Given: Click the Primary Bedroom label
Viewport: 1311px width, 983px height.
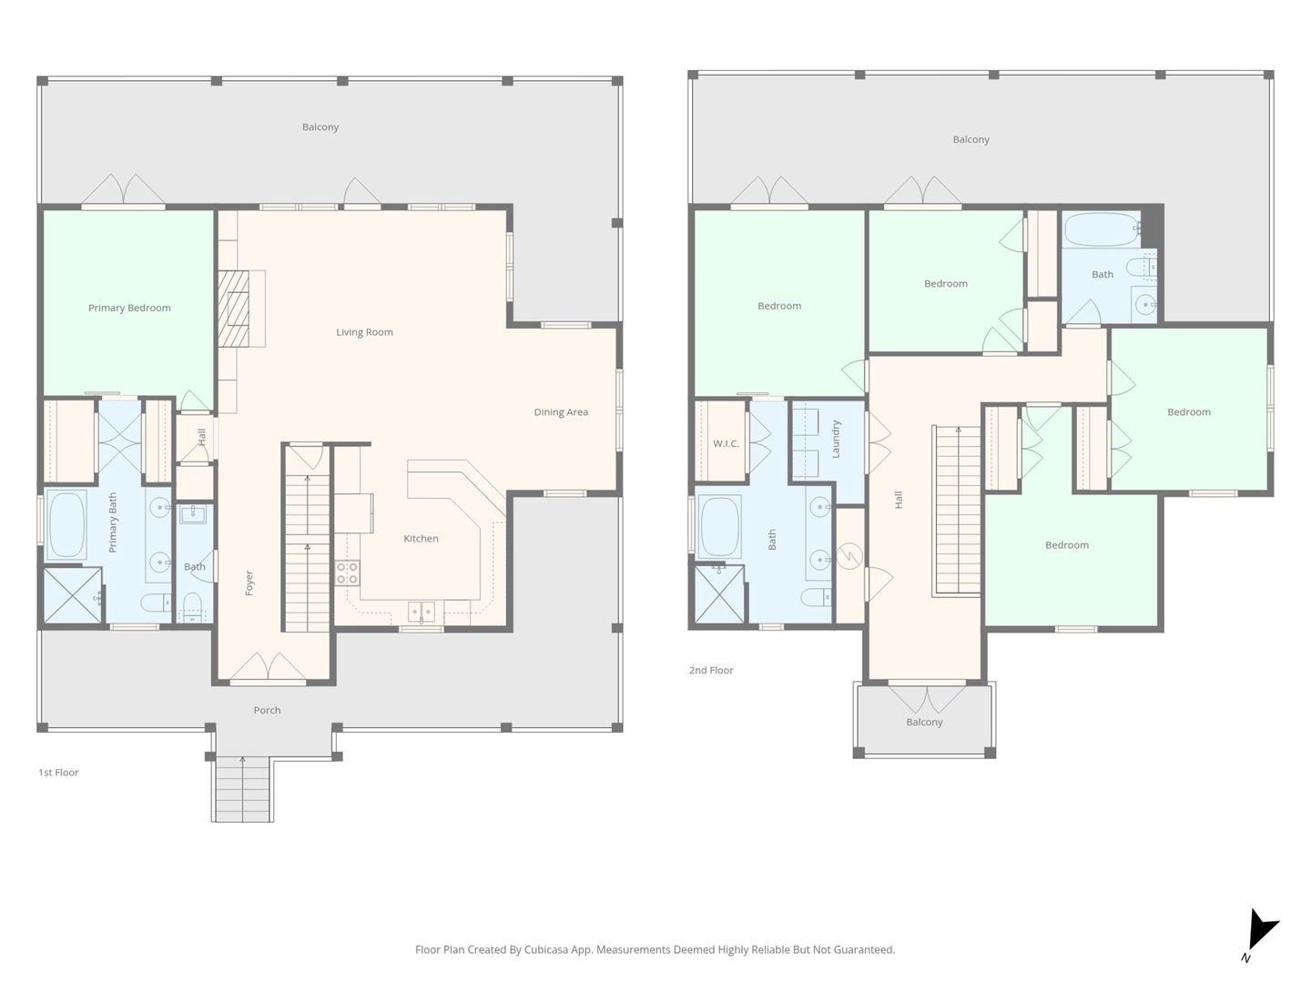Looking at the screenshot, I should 129,308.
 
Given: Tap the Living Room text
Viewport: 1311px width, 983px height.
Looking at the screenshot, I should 364,332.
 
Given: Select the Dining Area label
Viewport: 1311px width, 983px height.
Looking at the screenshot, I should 561,412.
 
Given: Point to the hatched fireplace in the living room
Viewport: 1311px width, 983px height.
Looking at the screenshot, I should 233,309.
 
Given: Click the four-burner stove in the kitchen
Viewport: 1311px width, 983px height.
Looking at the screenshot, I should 347,573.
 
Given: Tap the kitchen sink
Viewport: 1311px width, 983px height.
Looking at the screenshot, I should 421,610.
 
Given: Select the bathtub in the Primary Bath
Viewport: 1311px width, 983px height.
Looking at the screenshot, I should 66,524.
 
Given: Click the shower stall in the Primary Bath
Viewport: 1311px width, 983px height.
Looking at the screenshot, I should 73,595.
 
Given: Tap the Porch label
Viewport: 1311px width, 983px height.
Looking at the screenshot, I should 267,710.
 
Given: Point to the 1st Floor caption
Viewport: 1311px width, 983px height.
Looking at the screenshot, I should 58,773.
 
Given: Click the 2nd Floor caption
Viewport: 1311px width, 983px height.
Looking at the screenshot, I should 711,671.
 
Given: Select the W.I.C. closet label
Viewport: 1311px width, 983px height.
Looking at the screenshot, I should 726,443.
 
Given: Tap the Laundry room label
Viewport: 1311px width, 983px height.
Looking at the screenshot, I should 836,439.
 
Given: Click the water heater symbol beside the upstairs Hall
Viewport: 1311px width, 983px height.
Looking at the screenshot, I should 849,556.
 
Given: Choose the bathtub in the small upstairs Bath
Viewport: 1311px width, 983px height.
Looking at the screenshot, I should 1100,229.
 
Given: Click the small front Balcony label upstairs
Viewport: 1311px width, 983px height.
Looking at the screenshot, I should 924,722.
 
